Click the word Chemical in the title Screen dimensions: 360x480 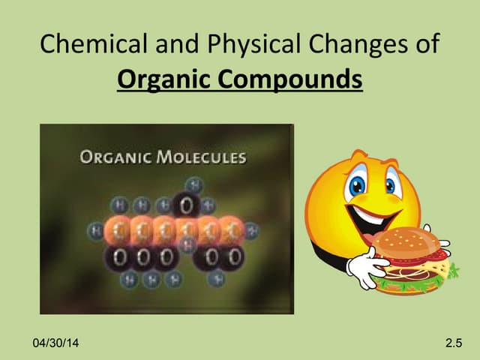click(x=85, y=44)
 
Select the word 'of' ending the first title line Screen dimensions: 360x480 click(x=424, y=44)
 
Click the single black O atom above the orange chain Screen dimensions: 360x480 click(x=187, y=205)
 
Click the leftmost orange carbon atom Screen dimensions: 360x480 click(x=118, y=229)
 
